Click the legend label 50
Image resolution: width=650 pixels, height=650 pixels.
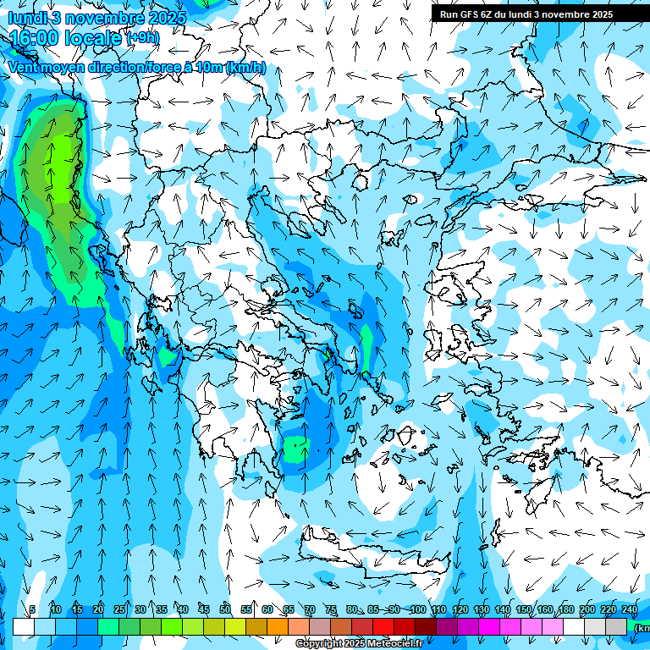(225, 609)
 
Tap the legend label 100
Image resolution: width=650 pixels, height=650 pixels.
(417, 609)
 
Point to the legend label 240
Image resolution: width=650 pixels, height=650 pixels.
(630, 609)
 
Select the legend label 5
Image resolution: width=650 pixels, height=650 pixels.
(32, 609)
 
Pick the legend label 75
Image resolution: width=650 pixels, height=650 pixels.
(331, 609)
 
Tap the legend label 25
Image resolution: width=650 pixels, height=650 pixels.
(119, 609)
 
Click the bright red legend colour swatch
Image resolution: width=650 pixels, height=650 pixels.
(383, 626)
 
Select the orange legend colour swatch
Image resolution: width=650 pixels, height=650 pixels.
(278, 626)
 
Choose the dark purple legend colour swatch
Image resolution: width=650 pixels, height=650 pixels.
(447, 626)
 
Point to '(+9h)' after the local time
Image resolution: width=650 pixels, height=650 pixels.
(142, 38)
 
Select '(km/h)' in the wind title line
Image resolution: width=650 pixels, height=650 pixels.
(246, 68)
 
